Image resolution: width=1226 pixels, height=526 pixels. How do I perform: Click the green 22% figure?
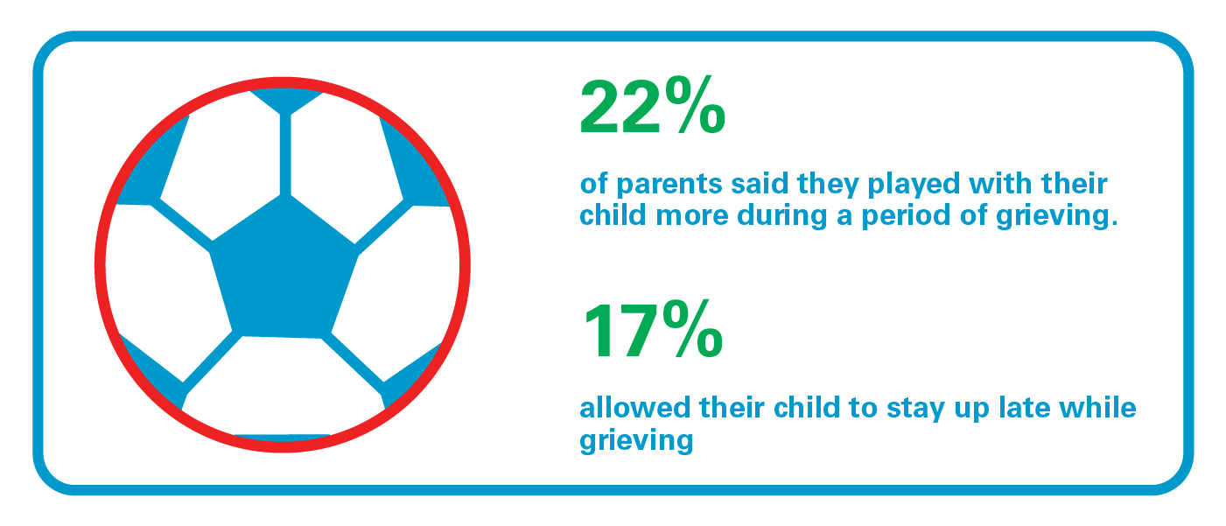point(653,105)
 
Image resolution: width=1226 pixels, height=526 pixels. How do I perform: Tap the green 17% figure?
point(653,329)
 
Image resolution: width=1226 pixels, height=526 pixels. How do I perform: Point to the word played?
point(914,185)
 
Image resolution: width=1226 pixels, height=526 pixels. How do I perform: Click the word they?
point(828,185)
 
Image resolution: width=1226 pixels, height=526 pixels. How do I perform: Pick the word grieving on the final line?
point(636,441)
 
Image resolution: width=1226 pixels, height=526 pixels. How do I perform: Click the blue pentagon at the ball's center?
point(284,267)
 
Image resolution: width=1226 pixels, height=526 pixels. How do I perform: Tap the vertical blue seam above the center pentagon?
point(285,154)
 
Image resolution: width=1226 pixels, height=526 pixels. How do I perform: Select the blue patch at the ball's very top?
point(285,100)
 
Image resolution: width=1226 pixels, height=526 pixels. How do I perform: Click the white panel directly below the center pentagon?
point(283,385)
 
